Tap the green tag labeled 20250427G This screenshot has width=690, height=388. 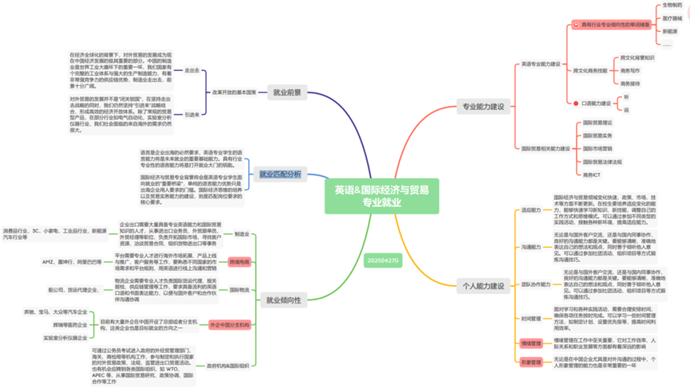coord(383,261)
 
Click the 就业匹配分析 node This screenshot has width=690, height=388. coord(280,174)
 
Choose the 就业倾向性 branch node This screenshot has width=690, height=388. coord(285,300)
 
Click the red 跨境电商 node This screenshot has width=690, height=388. coord(239,261)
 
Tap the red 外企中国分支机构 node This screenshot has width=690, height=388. coord(229,325)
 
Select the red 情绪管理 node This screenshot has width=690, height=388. coord(531,343)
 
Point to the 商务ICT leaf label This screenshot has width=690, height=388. coord(592,174)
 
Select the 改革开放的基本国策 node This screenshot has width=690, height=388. coord(234,92)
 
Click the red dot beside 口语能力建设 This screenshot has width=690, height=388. coord(576,104)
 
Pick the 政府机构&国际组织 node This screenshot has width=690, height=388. coord(228,366)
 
